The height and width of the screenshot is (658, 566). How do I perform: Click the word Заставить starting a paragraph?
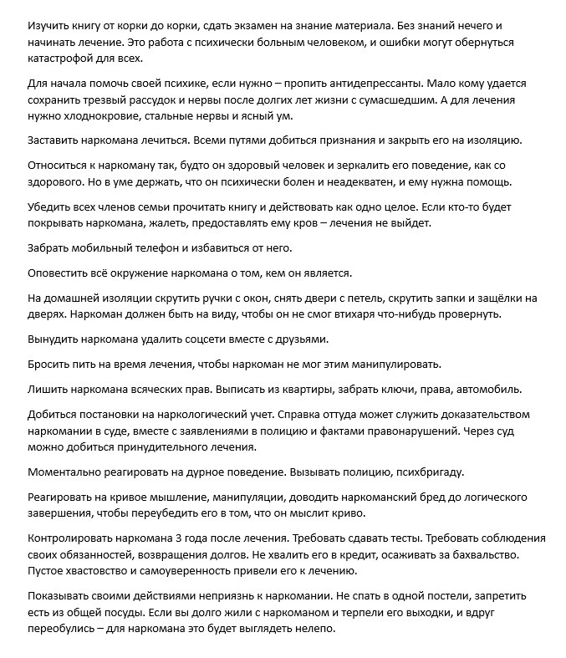[55, 140]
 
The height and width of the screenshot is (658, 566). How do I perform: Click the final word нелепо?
[314, 630]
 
